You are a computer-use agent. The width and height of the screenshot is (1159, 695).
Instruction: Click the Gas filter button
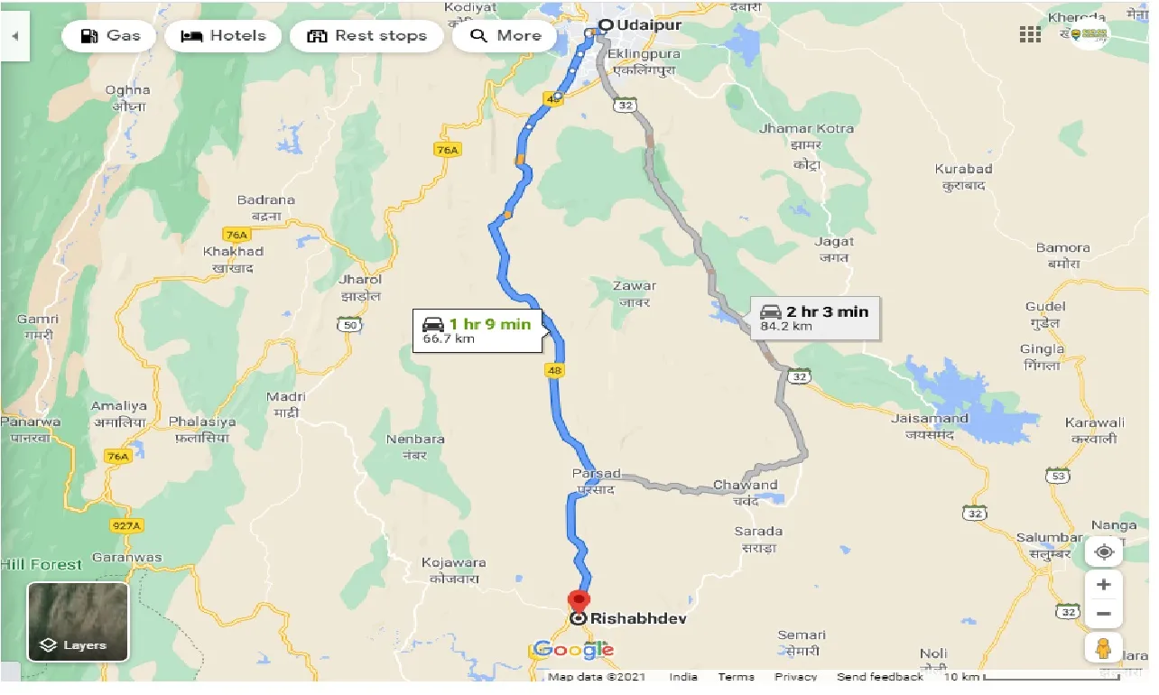coord(109,36)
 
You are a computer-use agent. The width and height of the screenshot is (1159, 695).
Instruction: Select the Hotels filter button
coord(223,36)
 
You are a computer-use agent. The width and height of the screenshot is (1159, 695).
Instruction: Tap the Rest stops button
coord(366,36)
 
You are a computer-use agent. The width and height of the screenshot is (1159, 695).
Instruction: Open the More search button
coord(506,36)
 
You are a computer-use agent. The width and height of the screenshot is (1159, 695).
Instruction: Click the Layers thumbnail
coord(78,622)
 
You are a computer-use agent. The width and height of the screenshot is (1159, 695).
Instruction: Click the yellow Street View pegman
coord(1103,647)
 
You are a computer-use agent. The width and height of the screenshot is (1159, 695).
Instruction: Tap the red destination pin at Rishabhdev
coord(578,601)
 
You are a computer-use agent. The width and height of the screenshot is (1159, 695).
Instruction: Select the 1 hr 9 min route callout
coord(478,330)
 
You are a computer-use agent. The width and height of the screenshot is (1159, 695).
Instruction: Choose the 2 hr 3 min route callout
coord(815,318)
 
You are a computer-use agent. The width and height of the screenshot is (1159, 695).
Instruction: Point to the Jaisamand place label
coord(929,419)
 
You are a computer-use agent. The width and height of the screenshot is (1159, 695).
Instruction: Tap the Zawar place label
coord(634,286)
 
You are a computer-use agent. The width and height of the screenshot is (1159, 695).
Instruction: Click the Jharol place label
coord(361,280)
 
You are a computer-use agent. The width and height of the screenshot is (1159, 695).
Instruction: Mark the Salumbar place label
coord(1049,538)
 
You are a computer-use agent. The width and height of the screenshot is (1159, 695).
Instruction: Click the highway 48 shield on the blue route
coord(554,370)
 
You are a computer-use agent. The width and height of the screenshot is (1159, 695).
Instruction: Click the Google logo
coord(574,649)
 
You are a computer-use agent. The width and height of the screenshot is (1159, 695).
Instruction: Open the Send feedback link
coord(879,677)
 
